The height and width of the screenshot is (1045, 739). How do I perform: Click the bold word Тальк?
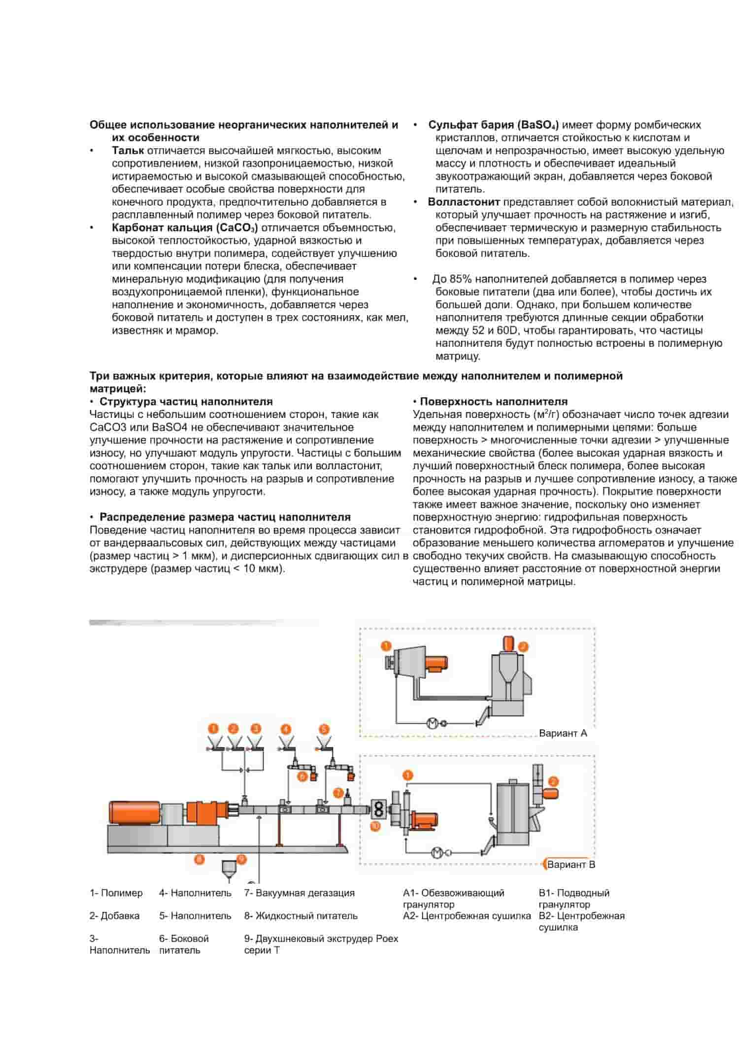click(128, 151)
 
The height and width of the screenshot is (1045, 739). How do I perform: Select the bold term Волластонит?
click(464, 202)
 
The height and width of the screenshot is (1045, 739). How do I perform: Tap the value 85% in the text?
click(461, 279)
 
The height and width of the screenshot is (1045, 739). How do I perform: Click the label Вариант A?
click(563, 733)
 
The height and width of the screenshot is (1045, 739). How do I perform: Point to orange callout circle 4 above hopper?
click(286, 729)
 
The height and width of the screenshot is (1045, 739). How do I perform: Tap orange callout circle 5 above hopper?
click(324, 729)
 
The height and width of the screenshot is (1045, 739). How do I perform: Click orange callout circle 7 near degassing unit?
click(338, 793)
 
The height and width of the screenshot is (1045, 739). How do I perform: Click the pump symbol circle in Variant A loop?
click(432, 723)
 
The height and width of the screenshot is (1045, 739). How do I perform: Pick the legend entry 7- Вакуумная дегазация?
click(299, 893)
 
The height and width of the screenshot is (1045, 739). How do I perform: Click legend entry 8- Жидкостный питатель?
click(301, 915)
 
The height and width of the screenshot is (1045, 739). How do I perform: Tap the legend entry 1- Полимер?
click(116, 893)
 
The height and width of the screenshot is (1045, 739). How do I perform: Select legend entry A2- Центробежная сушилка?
click(467, 915)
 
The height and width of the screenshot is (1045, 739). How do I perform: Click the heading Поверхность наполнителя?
click(493, 402)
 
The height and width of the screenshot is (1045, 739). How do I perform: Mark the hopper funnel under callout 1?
click(214, 741)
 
